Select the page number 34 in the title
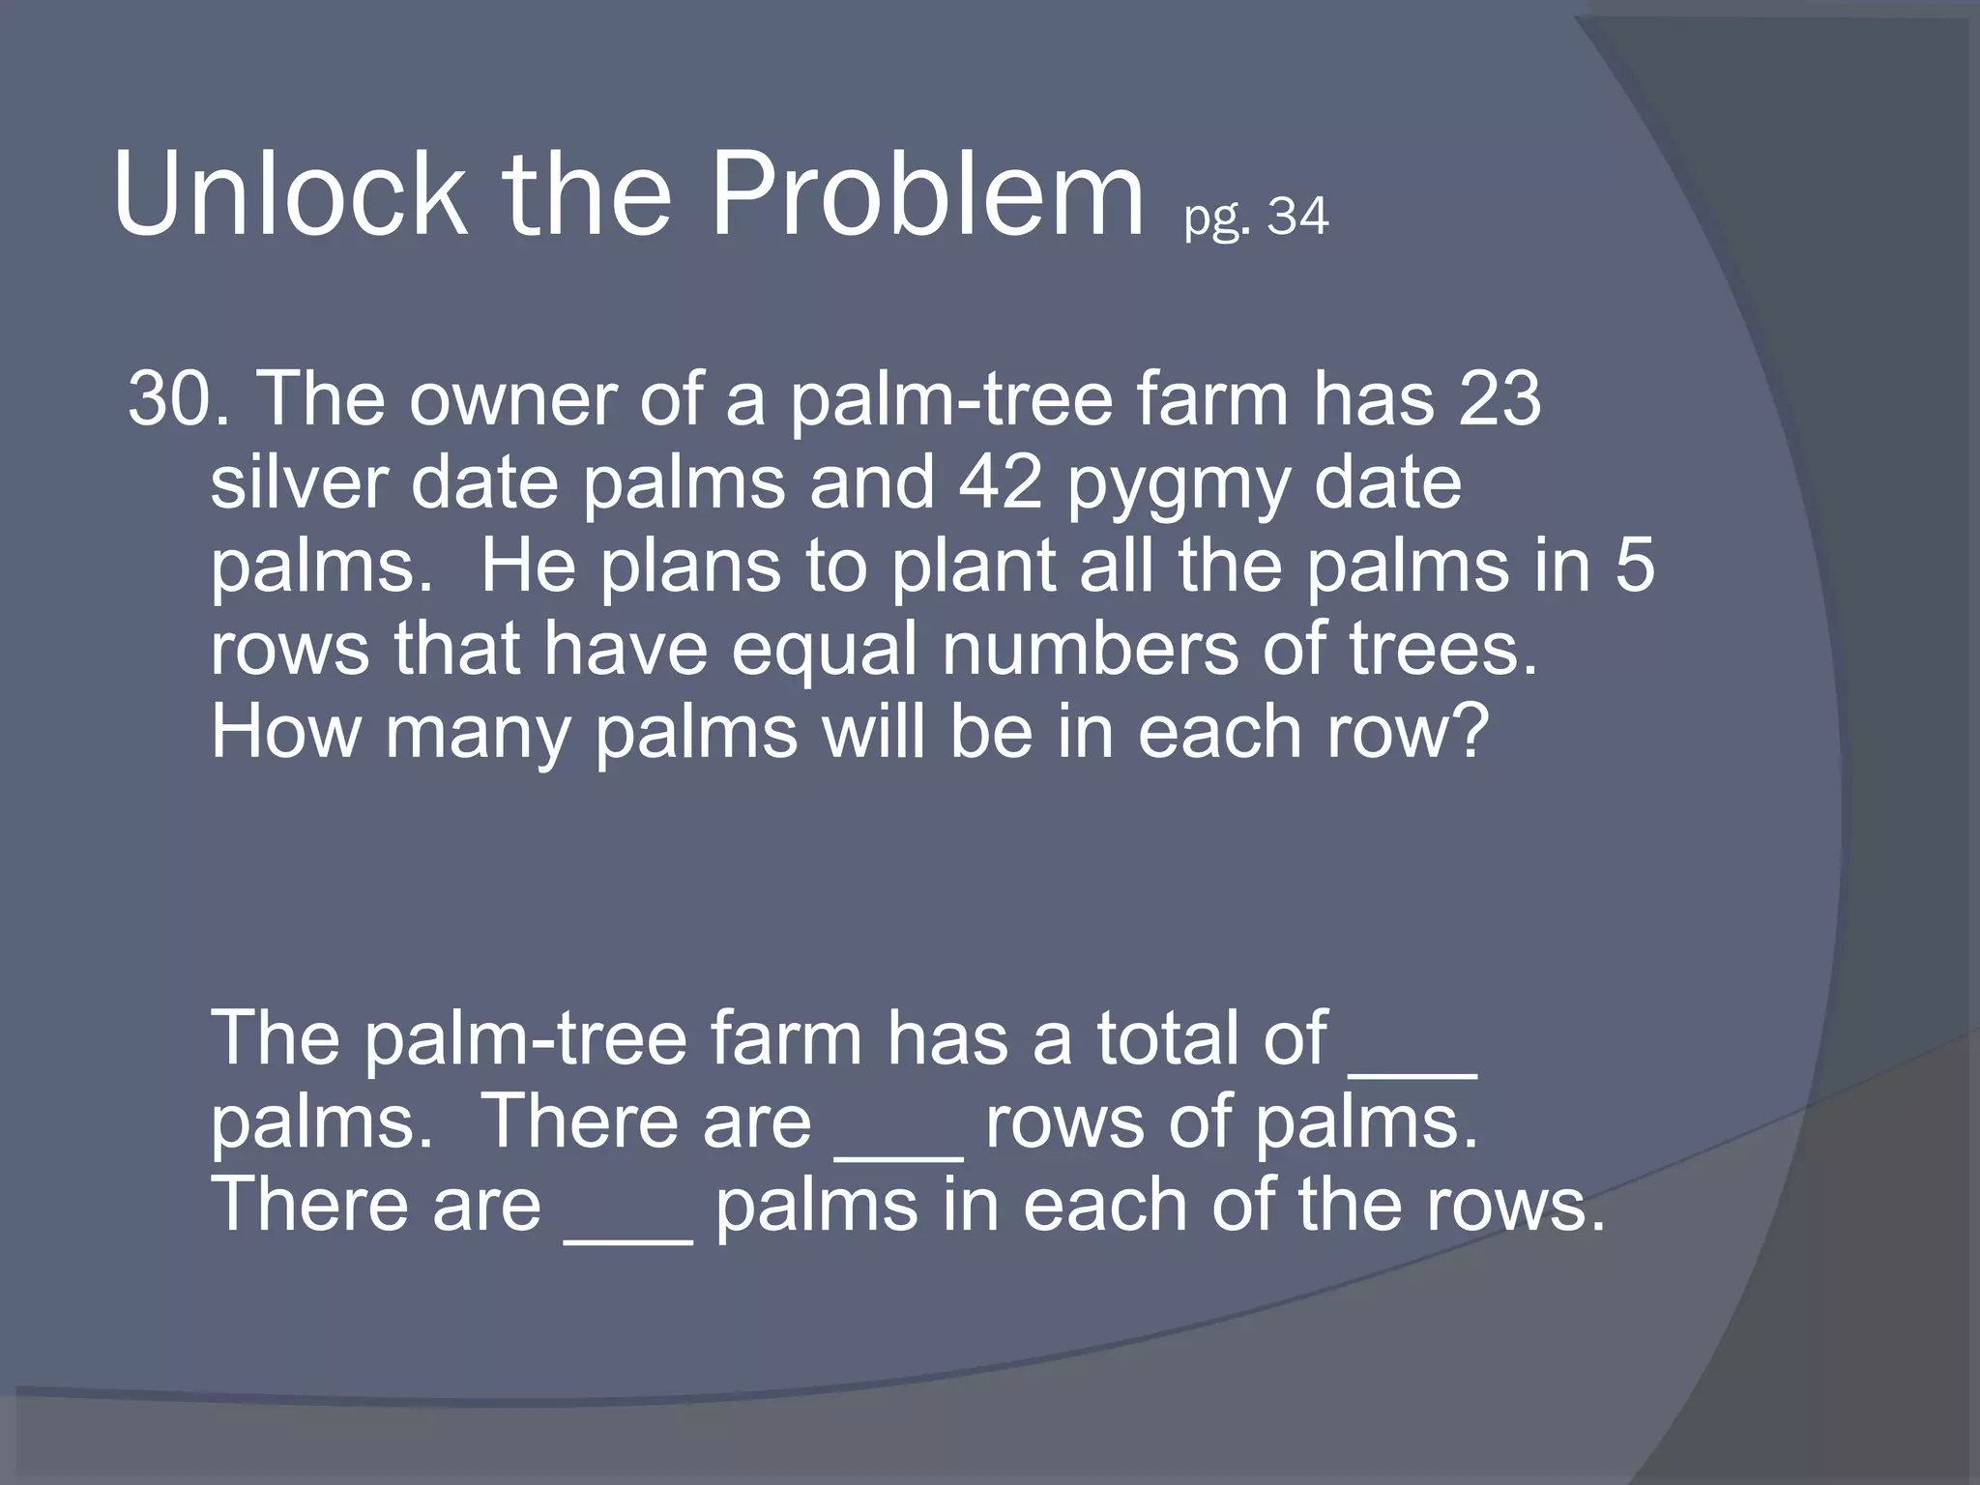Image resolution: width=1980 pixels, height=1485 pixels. [x=1298, y=217]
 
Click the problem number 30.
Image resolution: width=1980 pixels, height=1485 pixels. [x=170, y=398]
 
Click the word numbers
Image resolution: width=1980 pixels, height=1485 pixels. [x=1090, y=648]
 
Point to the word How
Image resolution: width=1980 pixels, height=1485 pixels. [x=285, y=732]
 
